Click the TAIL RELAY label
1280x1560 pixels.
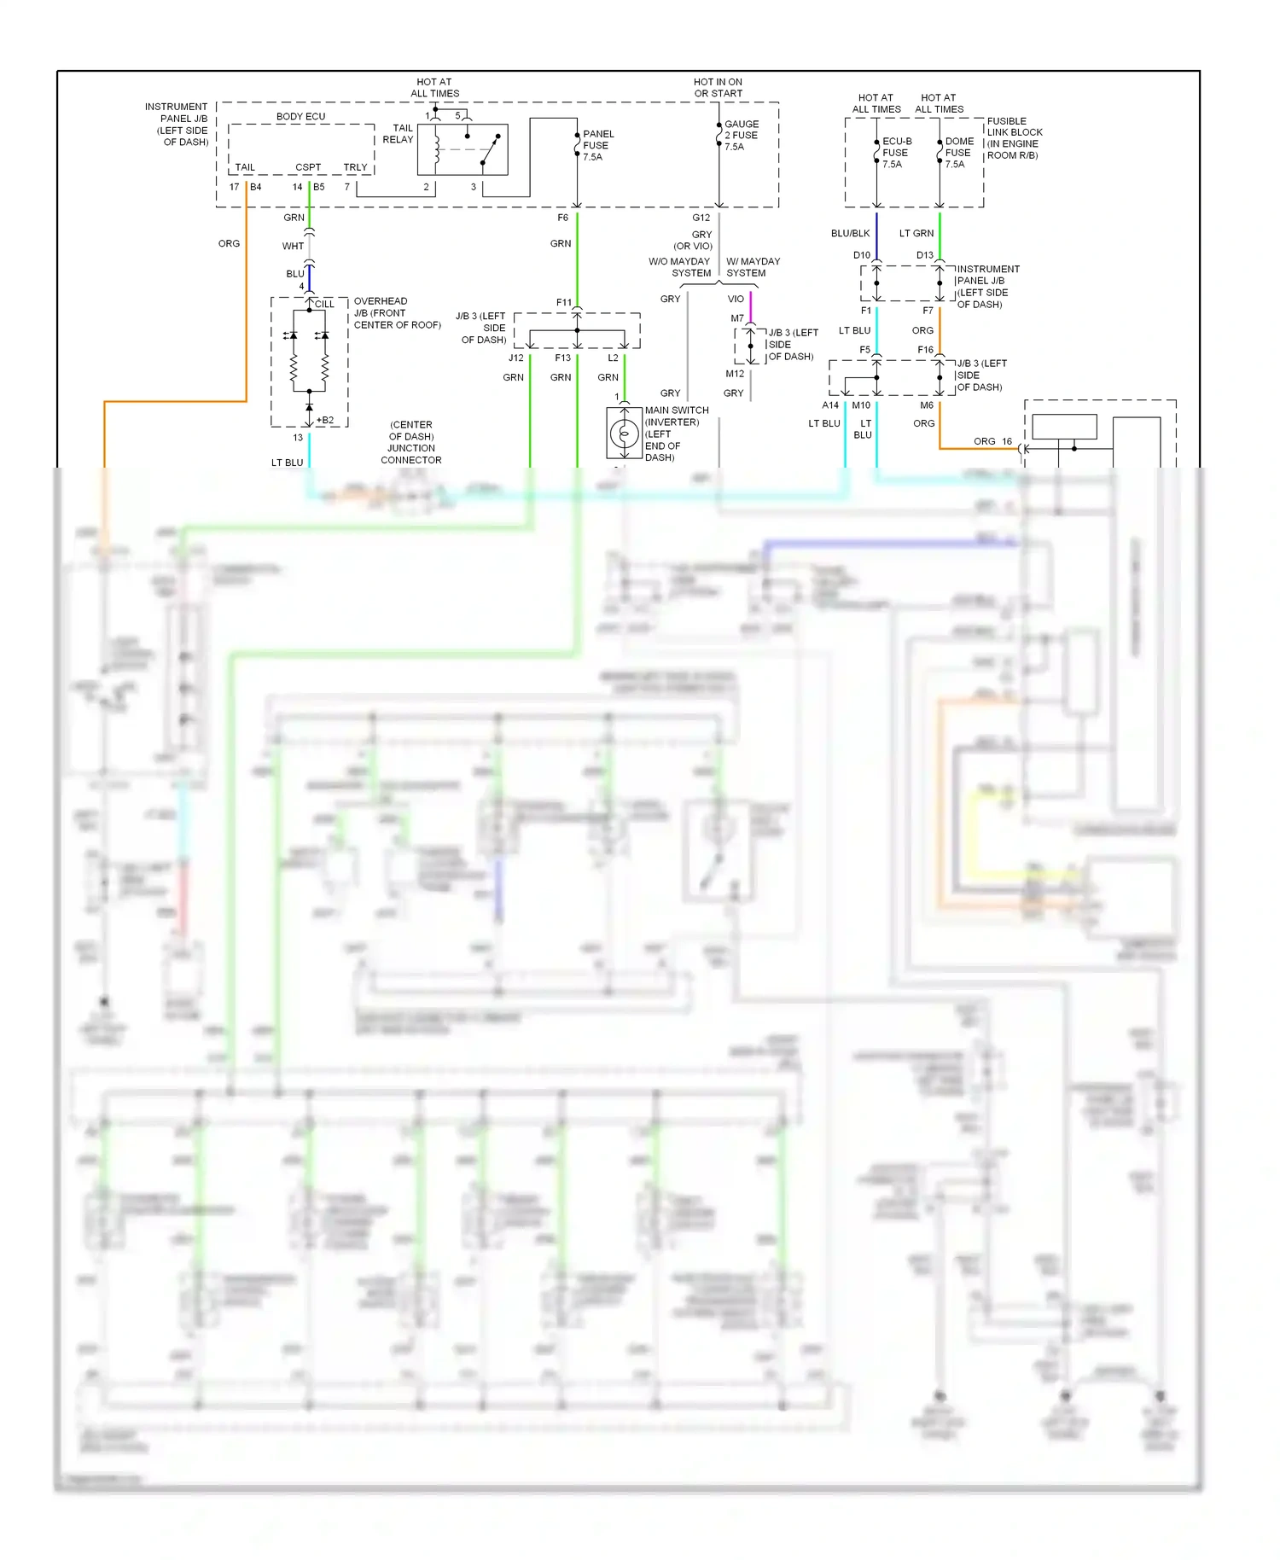(x=398, y=134)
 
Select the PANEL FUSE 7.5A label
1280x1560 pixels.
(x=597, y=145)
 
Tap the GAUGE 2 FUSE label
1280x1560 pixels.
(x=740, y=135)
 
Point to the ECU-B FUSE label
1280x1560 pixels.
(x=896, y=153)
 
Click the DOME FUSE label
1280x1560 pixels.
(x=958, y=153)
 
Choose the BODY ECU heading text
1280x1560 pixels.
(x=300, y=116)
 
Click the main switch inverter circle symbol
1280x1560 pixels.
(x=624, y=434)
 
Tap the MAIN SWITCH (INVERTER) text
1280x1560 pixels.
(x=676, y=416)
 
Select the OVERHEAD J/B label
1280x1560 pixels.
(x=397, y=312)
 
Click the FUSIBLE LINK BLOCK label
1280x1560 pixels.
(x=1014, y=138)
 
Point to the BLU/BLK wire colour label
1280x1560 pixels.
(x=850, y=233)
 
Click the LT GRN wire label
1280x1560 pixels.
(x=916, y=233)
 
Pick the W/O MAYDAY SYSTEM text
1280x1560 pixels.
(x=679, y=267)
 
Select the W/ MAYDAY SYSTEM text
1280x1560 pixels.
(x=752, y=267)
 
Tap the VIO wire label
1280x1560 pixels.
(x=736, y=299)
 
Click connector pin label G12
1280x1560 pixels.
(x=701, y=218)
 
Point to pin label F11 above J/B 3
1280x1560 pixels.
(x=563, y=302)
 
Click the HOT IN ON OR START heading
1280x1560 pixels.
(x=718, y=88)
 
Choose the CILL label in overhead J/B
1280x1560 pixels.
(x=324, y=304)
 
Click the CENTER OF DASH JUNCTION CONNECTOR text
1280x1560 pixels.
(x=411, y=442)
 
